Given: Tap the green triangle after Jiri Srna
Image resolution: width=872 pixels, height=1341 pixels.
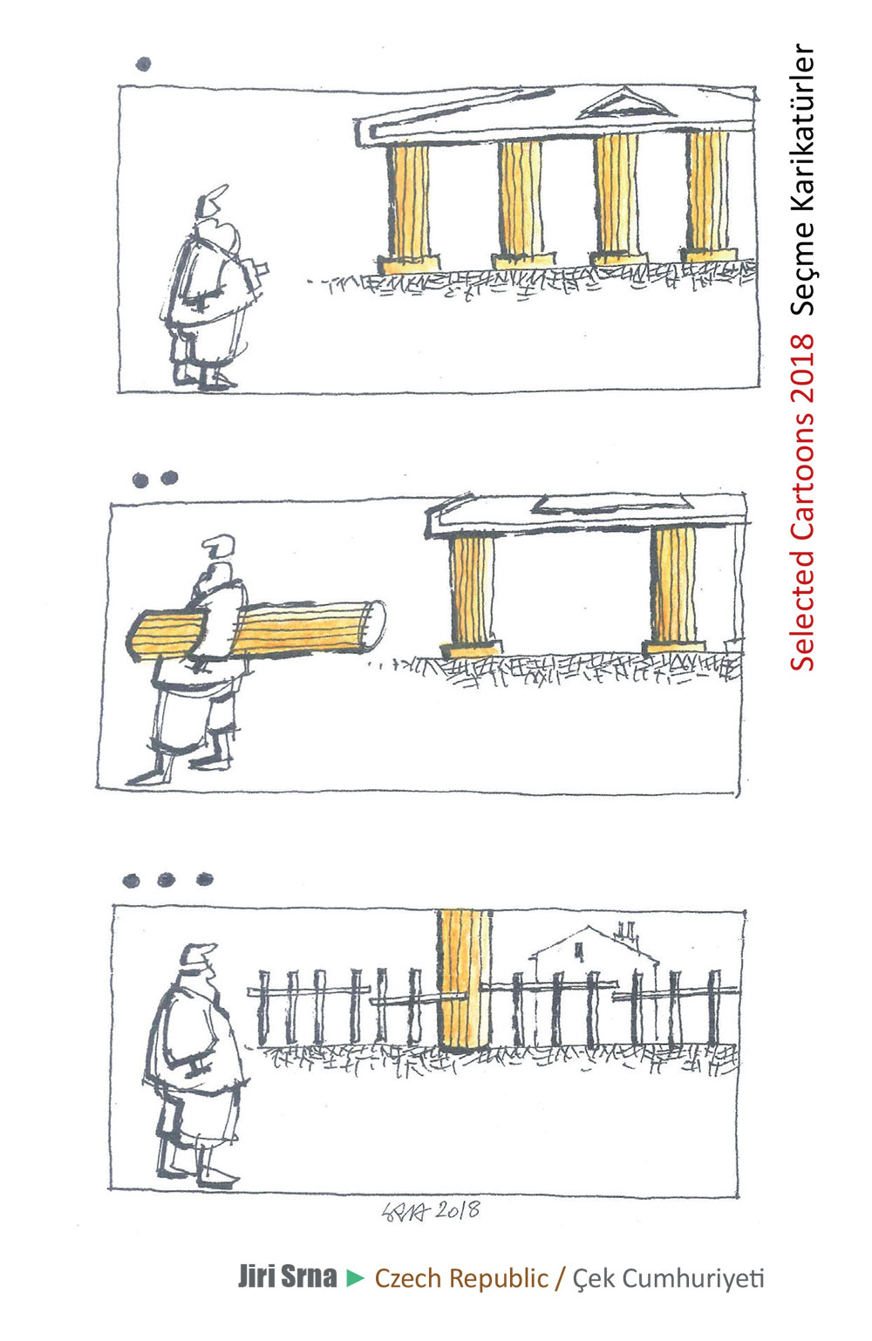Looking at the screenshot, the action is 356,1278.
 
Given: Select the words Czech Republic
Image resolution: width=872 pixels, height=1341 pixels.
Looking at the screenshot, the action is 461,1277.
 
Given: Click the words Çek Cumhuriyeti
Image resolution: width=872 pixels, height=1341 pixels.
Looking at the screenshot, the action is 668,1277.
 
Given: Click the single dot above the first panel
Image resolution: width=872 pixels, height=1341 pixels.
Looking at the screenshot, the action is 143,64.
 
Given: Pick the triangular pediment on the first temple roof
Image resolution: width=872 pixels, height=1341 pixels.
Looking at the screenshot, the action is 625,104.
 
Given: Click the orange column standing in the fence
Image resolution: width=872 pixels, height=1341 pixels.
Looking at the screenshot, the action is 464,981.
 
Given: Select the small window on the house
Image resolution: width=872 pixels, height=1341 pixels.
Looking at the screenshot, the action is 579,950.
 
